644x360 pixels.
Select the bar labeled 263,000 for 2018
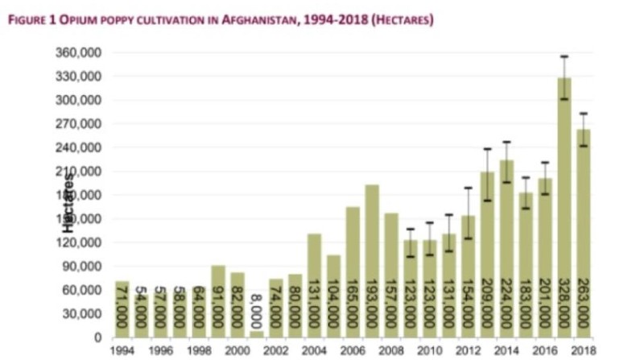coord(584,234)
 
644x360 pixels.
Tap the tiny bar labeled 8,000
coord(257,334)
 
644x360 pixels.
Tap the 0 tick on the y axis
coord(95,337)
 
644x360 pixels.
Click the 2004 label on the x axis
coord(315,350)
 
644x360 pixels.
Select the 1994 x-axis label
coord(122,350)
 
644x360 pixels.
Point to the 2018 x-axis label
coord(584,350)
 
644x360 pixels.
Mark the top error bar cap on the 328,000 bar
coord(564,56)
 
